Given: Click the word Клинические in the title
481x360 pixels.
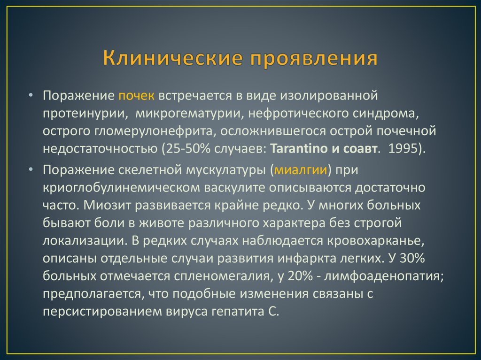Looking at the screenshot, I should pos(170,60).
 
